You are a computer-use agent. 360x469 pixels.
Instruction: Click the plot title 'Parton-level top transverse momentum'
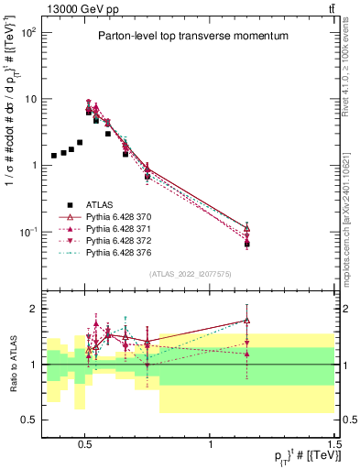click(x=188, y=36)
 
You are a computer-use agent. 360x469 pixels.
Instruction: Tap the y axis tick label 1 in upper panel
click(x=34, y=165)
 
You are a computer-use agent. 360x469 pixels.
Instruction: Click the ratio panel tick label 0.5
click(x=28, y=420)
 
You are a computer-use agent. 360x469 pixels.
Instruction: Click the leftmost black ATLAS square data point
click(x=54, y=156)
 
